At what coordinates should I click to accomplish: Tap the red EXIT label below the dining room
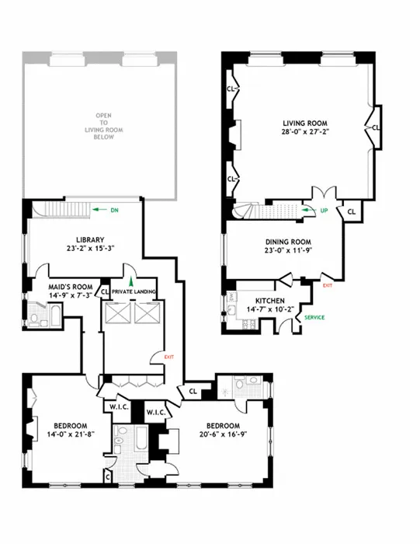[x=327, y=285]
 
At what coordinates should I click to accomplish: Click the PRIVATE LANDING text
[x=134, y=291]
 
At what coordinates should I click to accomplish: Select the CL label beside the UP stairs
[x=350, y=211]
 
